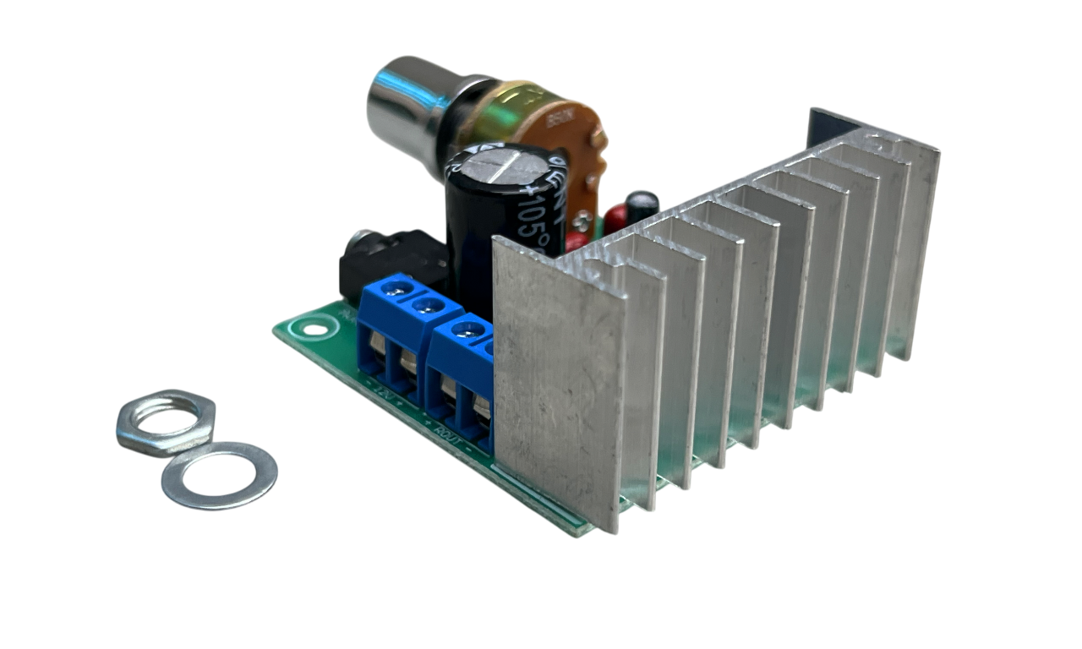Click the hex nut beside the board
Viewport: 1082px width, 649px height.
167,420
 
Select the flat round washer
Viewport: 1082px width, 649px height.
219,475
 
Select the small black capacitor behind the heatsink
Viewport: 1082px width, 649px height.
644,205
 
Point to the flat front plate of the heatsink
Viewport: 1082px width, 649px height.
558,380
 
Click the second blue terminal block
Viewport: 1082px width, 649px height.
461,380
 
